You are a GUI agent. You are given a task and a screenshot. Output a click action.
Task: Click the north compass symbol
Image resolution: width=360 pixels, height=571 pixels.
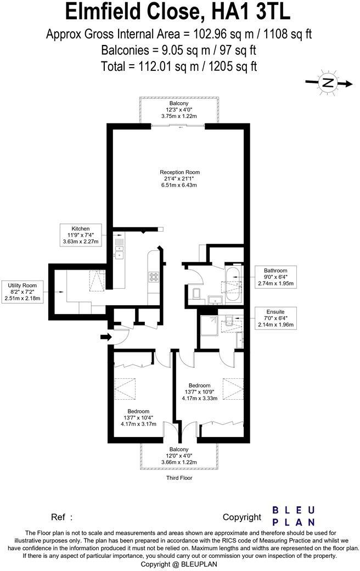point(328,83)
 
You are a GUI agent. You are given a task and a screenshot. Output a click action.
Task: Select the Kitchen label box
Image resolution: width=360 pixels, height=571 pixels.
point(80,235)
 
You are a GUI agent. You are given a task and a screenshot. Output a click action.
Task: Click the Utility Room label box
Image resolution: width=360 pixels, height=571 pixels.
point(22,292)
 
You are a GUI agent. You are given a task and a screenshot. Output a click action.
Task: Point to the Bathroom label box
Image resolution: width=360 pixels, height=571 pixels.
point(275,277)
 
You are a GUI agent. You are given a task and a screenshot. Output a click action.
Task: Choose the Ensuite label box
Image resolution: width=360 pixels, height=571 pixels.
point(276,318)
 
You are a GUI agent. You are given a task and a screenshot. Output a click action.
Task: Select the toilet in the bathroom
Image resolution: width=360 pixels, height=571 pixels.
point(196,293)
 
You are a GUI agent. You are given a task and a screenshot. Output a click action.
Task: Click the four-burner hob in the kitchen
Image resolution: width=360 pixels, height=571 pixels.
point(153,277)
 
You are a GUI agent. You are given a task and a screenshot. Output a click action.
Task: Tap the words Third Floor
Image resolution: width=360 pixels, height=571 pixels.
point(179,478)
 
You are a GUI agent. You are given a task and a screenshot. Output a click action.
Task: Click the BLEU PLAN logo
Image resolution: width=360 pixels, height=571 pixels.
point(294,516)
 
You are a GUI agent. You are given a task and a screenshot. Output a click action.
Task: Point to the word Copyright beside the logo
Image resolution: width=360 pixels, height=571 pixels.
point(242,517)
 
